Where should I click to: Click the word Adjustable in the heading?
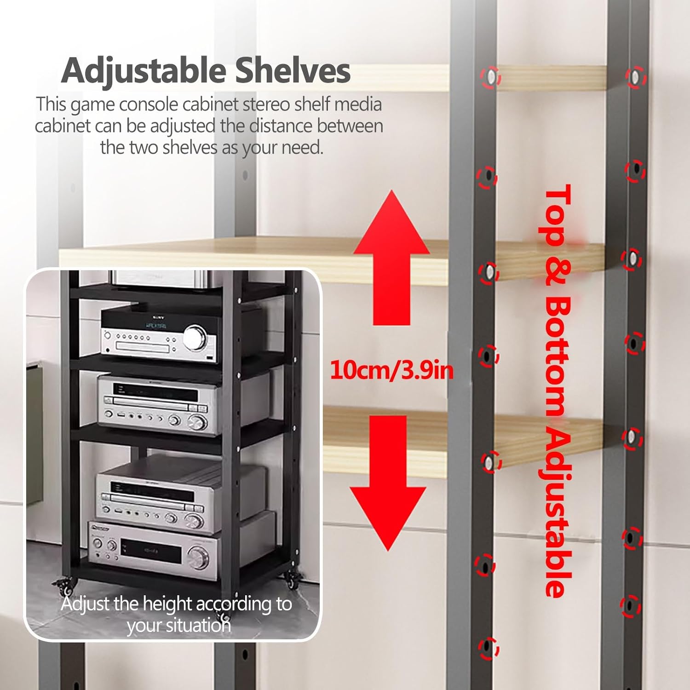144,71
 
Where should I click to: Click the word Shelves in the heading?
293,70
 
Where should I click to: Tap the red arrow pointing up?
391,258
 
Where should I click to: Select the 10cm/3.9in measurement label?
391,370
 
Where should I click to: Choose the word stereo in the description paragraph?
267,105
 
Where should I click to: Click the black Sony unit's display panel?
156,326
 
